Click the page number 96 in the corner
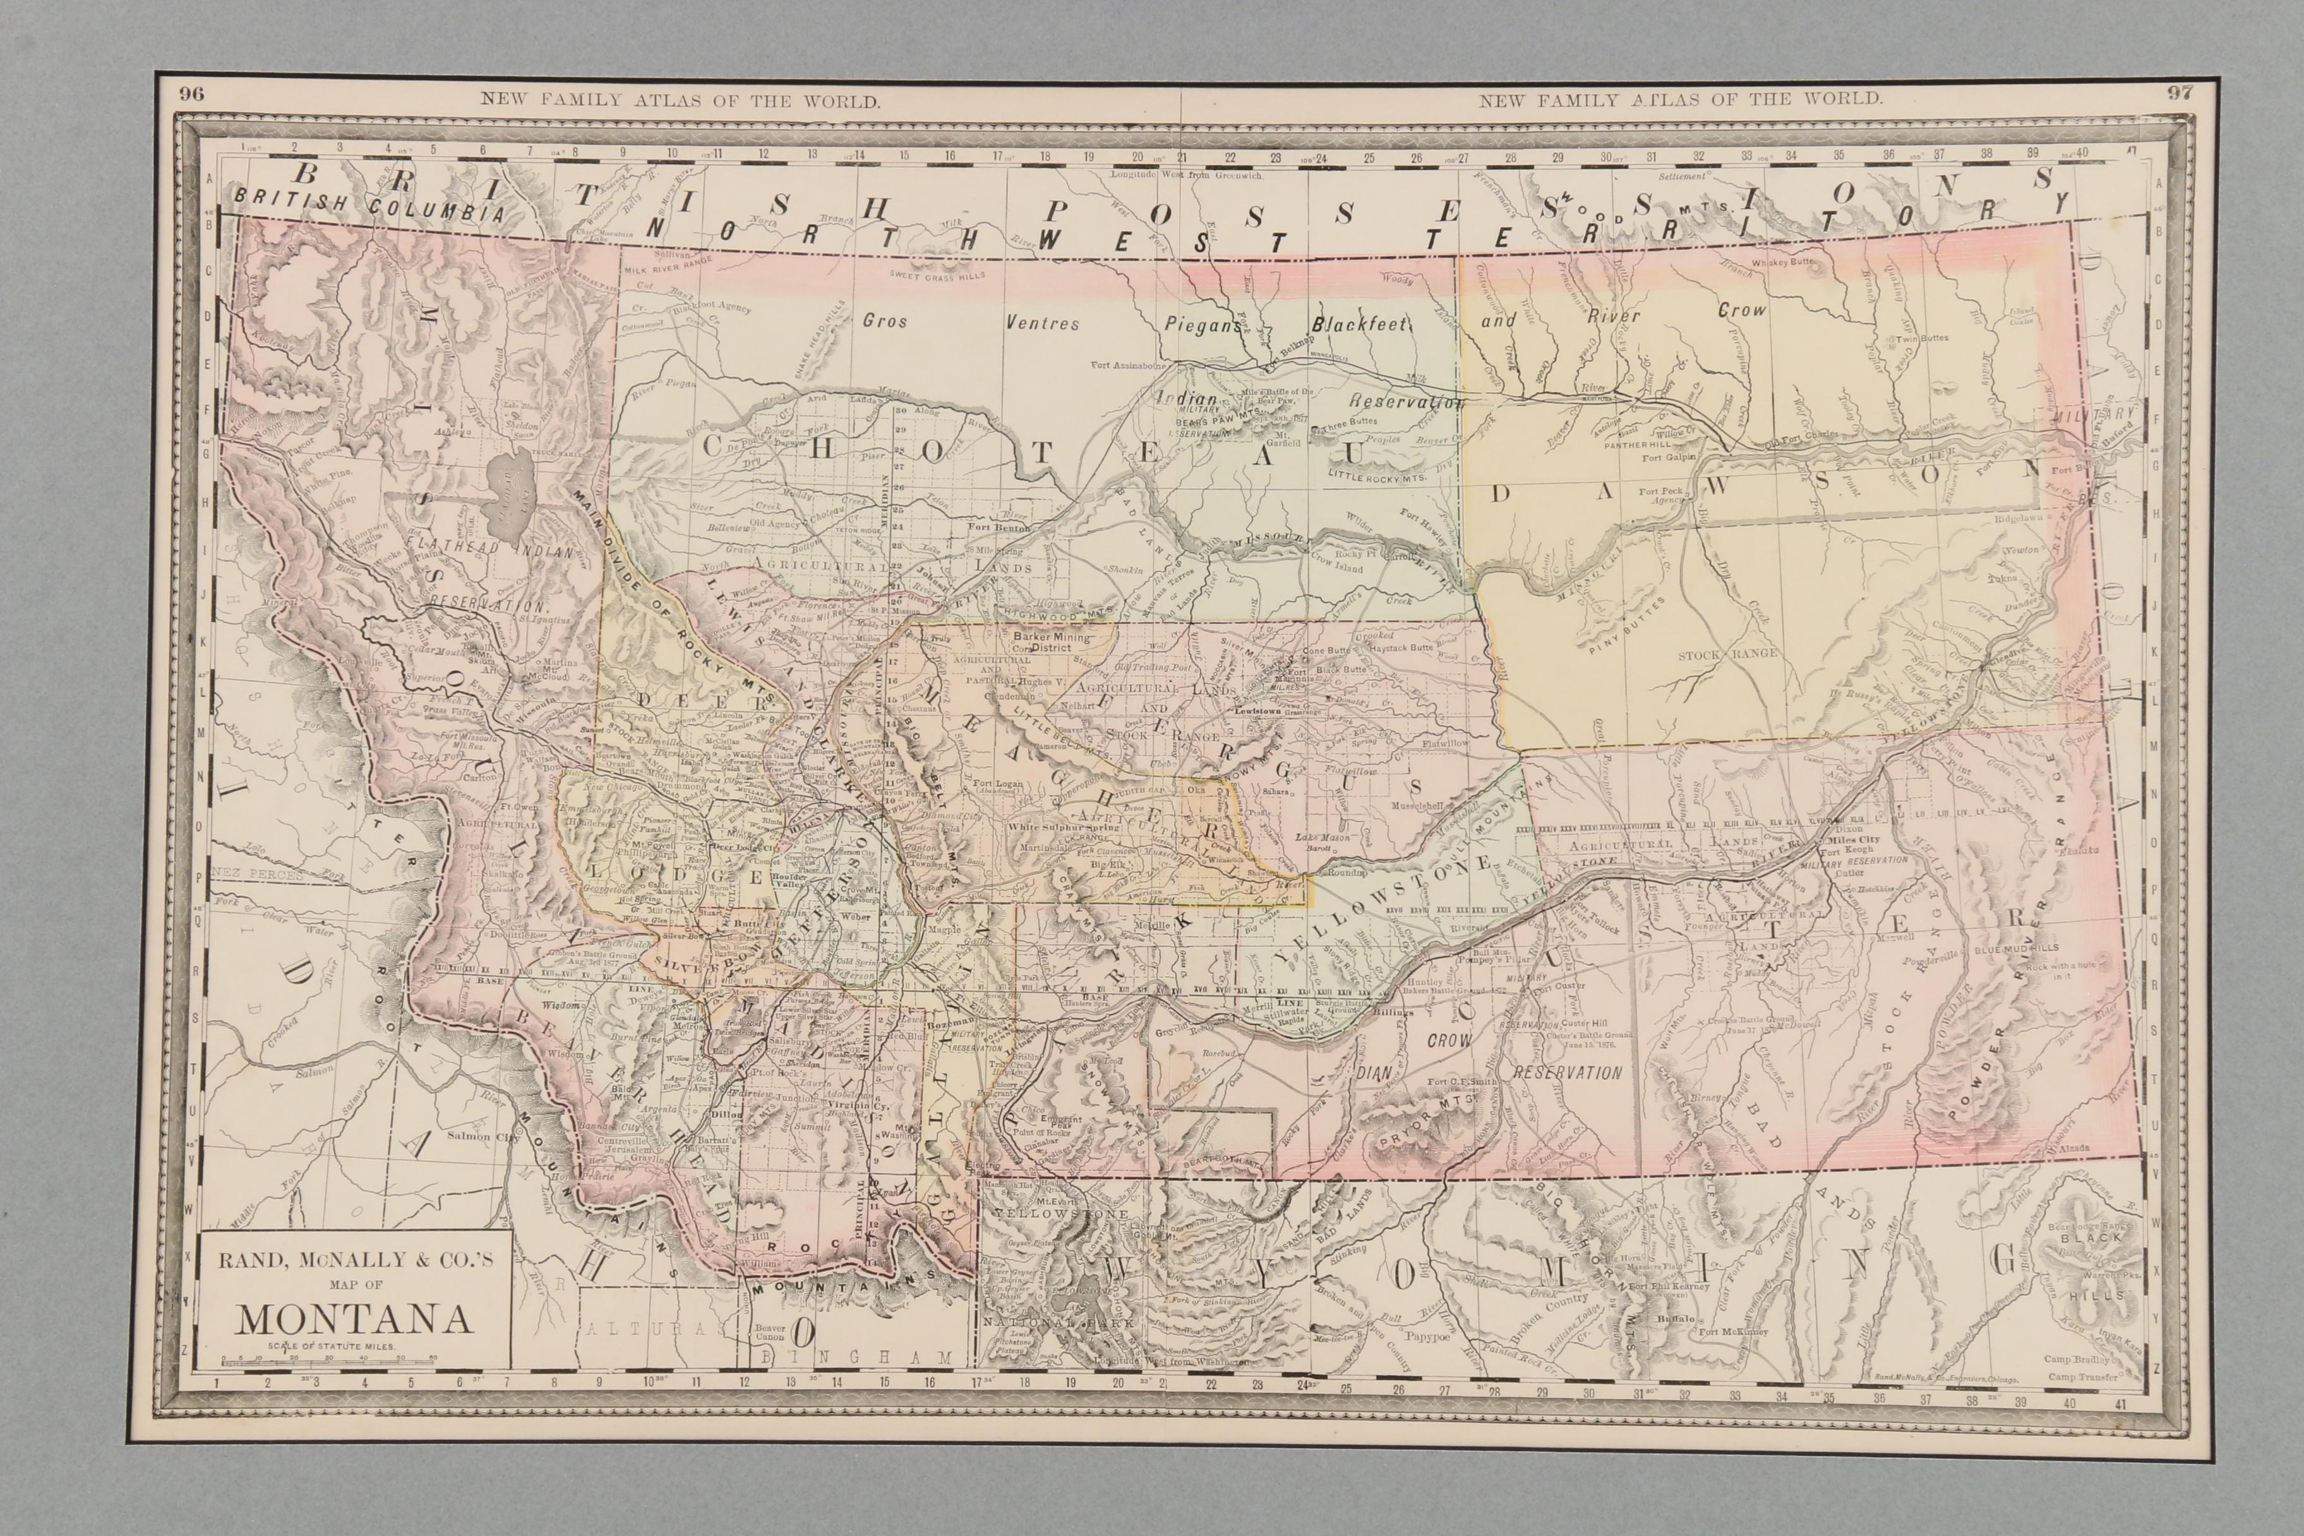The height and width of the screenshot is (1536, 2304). (x=191, y=94)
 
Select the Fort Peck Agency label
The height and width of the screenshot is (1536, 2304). (x=1664, y=496)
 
